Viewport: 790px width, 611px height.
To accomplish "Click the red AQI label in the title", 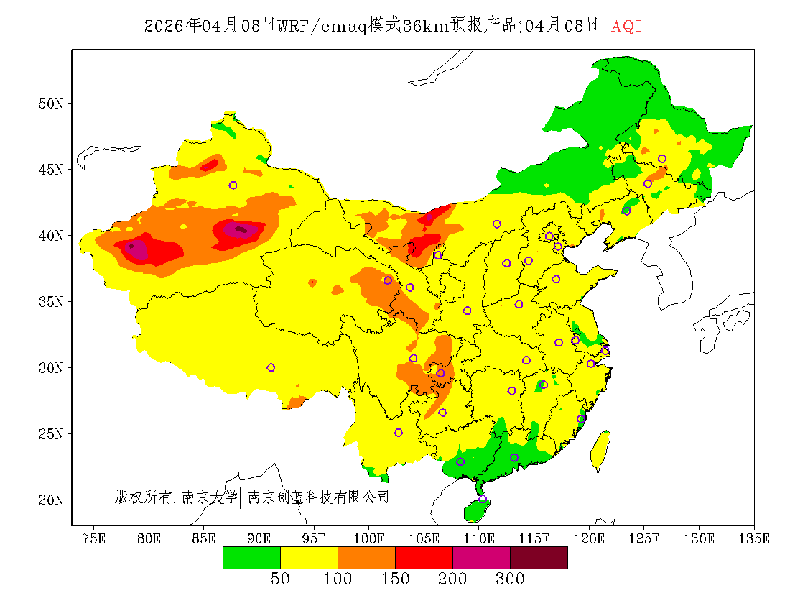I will click(626, 27).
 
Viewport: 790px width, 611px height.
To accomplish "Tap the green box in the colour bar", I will click(251, 558).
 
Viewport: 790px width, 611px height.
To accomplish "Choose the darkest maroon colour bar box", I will click(539, 558).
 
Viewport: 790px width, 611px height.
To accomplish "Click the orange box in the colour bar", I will click(366, 558).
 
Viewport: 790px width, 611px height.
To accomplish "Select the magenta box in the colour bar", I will click(481, 558).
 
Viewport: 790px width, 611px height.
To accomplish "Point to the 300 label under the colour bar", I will click(510, 579).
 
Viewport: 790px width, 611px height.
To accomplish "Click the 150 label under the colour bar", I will click(395, 579).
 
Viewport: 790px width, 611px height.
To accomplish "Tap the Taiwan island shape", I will click(600, 450).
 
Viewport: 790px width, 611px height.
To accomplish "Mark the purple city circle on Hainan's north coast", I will click(482, 499).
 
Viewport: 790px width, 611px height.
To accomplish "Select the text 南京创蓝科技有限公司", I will click(318, 497).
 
